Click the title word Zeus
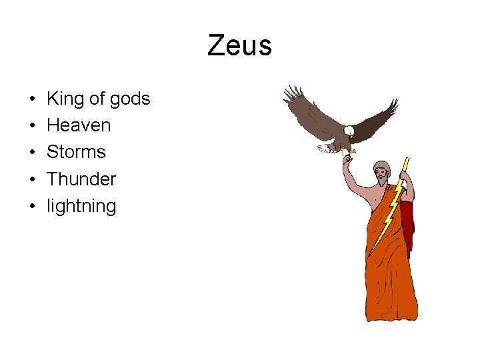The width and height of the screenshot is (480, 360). point(239,46)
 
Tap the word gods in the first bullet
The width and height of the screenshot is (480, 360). point(130,99)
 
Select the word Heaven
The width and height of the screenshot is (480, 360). point(79,125)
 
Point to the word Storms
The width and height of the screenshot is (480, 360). point(76,152)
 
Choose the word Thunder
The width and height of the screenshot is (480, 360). point(81,179)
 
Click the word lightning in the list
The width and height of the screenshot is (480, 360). point(81,206)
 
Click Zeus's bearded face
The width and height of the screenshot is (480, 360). point(382,175)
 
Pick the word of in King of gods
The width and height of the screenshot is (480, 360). point(97,99)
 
